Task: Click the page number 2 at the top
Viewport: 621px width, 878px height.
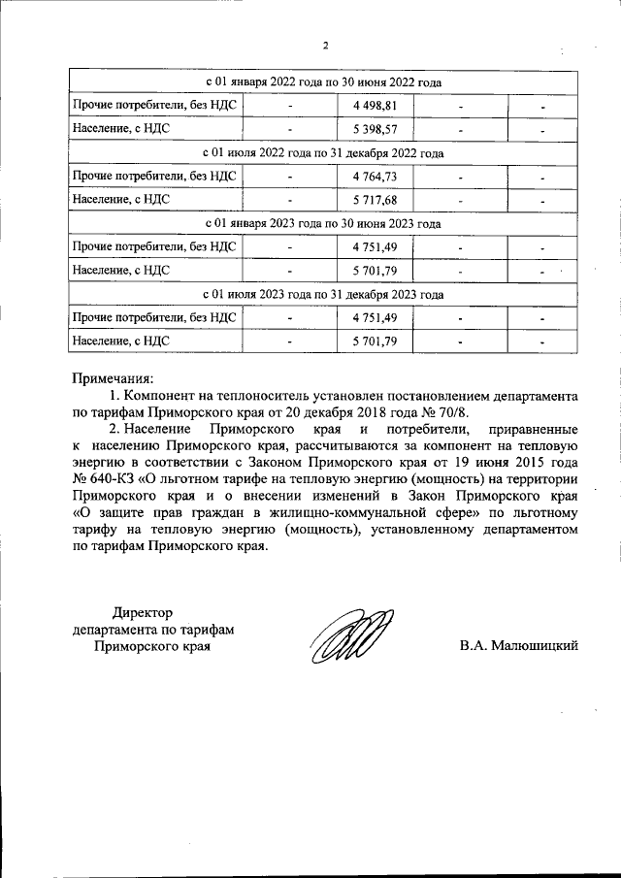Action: pos(326,46)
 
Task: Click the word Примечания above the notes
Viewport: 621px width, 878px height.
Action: pos(114,378)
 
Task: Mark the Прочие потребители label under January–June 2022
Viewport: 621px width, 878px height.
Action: pos(155,105)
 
